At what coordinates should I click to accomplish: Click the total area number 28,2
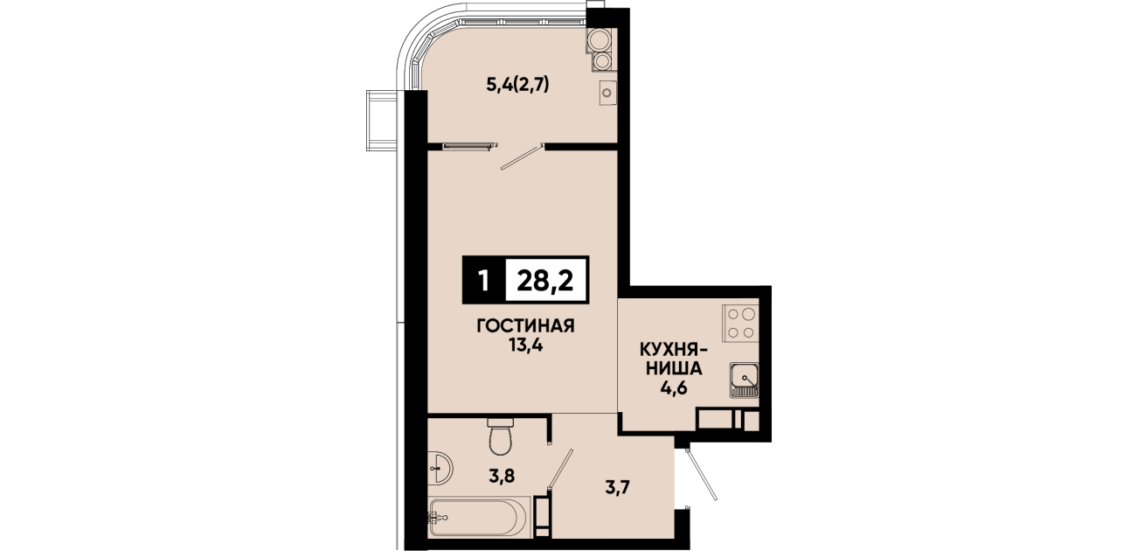544,281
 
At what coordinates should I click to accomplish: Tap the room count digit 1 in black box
484,281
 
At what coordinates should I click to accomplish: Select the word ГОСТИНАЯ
526,326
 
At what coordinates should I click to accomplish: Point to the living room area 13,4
526,345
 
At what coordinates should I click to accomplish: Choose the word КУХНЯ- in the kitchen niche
673,351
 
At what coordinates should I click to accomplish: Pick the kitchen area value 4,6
673,388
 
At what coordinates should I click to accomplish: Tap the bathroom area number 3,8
502,477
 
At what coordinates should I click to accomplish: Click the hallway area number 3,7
617,488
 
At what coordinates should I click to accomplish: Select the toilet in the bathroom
501,436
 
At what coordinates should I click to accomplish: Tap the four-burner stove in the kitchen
740,323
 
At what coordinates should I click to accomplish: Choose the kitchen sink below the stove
744,380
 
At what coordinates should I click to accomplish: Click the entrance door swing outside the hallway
701,474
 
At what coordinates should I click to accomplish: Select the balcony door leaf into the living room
522,157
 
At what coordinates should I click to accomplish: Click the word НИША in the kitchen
674,369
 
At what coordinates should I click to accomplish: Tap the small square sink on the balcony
607,93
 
